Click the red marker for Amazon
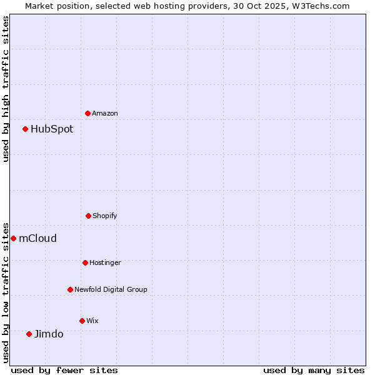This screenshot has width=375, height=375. point(88,113)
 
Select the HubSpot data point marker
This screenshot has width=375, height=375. point(26,129)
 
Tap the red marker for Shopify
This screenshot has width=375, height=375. point(88,216)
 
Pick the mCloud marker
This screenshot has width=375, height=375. point(14,238)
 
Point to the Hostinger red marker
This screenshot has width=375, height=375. point(85,262)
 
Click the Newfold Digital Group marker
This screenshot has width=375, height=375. point(70,289)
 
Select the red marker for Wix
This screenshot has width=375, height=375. point(82,321)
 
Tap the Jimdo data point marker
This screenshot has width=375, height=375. point(29,334)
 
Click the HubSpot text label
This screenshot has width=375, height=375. point(52,129)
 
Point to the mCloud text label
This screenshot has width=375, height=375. point(37,238)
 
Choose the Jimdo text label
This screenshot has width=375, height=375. point(49,334)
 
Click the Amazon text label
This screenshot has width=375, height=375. point(105,113)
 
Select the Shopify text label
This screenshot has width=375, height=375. point(105,216)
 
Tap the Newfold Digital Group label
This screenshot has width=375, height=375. point(111,289)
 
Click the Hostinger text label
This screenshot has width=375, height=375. point(105,262)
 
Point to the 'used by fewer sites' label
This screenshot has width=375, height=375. point(64,370)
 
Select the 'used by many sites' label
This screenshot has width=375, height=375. point(314,370)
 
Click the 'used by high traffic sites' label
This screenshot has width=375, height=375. point(6,89)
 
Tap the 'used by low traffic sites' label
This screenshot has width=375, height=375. point(6,292)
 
